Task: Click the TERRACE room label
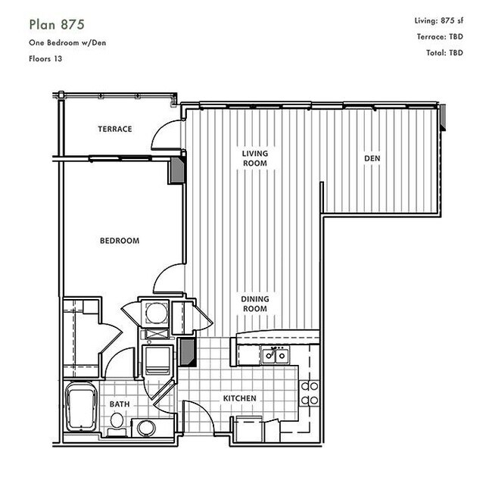(115, 129)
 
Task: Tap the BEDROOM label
(120, 241)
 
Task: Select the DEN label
(372, 158)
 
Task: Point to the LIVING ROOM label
(255, 158)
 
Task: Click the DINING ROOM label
(255, 304)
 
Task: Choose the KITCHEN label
(240, 398)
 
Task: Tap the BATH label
(120, 404)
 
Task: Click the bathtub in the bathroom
(81, 407)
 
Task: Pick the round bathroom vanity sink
(146, 428)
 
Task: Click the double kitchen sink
(276, 355)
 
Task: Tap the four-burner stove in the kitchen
(310, 393)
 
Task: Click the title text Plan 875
(57, 24)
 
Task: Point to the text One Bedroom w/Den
(67, 42)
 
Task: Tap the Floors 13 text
(45, 59)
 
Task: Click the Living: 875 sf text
(439, 20)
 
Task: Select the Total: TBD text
(444, 53)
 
